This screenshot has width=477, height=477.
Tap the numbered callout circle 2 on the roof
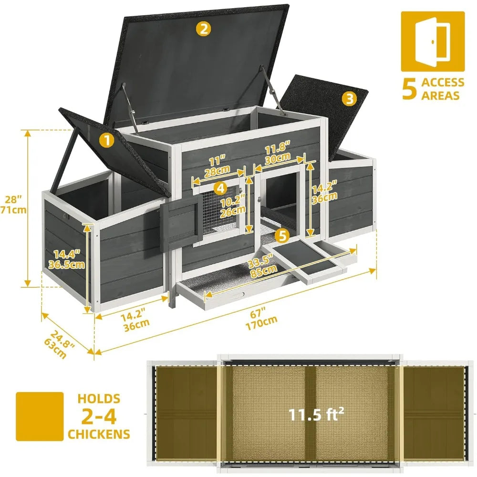click(204, 29)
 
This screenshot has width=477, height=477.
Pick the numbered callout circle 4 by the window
click(220, 188)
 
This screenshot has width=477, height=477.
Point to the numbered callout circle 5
click(282, 235)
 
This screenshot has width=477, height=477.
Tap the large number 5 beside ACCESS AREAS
click(409, 89)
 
